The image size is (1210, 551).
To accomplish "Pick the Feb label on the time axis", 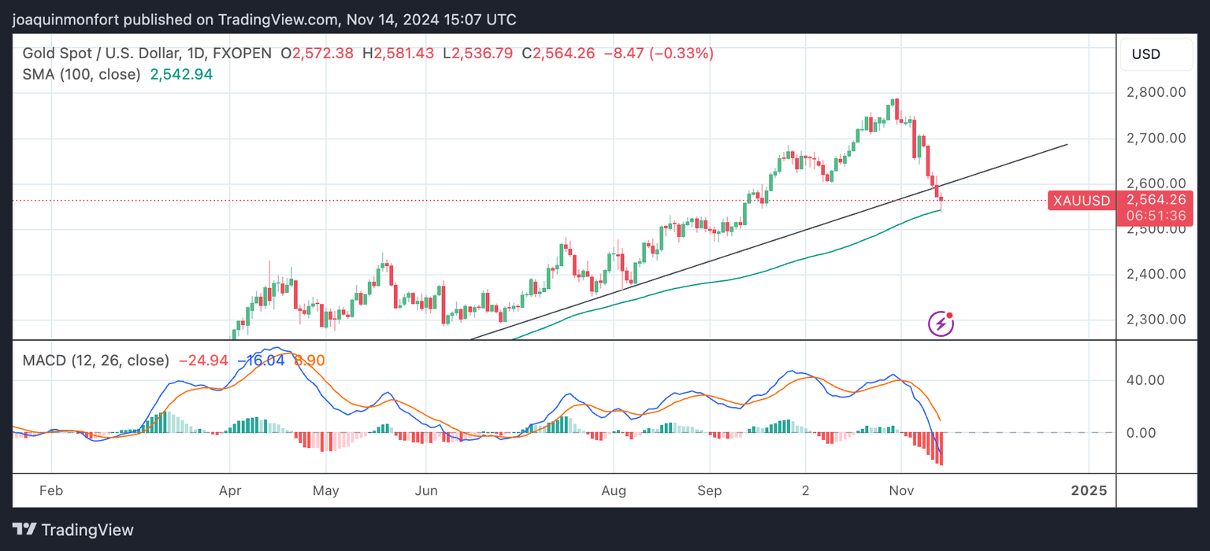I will [50, 490].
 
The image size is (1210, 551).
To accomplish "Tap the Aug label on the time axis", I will [613, 490].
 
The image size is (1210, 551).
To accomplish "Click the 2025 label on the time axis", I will [1089, 490].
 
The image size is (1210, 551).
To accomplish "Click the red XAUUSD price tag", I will [1080, 201].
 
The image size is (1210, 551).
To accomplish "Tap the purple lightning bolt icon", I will [941, 324].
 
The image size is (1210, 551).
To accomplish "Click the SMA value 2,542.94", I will [180, 75].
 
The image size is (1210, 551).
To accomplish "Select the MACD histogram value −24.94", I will [203, 361].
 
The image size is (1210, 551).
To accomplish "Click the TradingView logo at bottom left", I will [73, 530].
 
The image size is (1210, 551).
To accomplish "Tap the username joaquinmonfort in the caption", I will [65, 20].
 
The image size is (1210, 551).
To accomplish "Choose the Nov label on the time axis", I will [901, 490].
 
